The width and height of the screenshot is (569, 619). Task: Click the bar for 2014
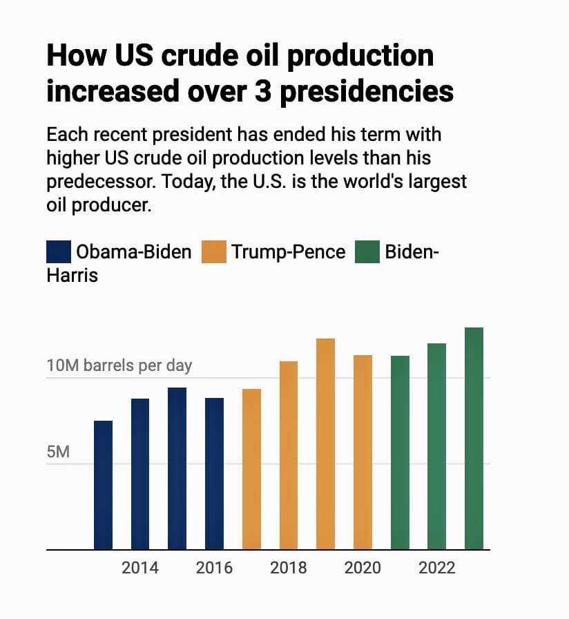(x=140, y=474)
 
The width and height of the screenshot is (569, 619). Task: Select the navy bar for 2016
(x=214, y=474)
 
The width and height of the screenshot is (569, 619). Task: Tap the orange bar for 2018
(x=289, y=455)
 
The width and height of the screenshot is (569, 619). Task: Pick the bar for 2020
(x=363, y=453)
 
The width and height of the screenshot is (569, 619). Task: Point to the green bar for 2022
(x=436, y=446)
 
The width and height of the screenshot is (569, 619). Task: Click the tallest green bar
(x=474, y=439)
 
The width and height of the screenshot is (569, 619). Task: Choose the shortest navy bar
(x=103, y=485)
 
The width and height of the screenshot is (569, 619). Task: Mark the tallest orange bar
(x=325, y=444)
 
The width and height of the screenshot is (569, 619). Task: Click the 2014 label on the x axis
(x=140, y=568)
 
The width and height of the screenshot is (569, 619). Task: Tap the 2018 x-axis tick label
(x=289, y=568)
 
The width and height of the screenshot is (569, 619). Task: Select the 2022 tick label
(x=436, y=568)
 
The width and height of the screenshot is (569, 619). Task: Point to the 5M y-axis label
(x=58, y=452)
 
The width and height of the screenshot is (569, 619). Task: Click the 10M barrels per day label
(x=119, y=365)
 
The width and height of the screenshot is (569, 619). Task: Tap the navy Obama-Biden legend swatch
(x=58, y=251)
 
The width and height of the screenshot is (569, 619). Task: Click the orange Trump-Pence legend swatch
(x=213, y=251)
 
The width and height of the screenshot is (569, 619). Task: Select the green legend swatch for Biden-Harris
(x=367, y=251)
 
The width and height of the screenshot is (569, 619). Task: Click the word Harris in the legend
(x=73, y=275)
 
